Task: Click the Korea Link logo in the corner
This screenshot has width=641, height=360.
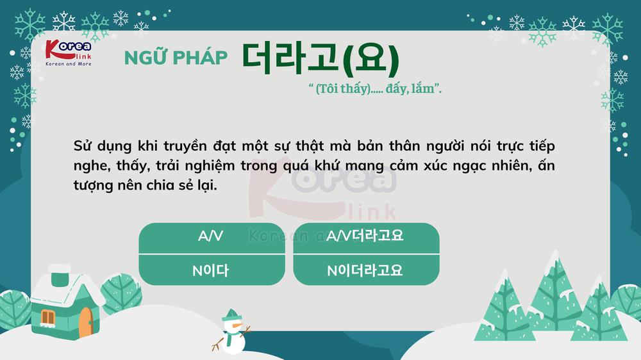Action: (x=69, y=53)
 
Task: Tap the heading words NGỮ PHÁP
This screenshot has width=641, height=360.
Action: (x=176, y=57)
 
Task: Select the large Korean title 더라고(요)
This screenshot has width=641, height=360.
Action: (x=320, y=58)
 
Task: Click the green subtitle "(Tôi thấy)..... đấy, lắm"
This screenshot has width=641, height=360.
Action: (x=375, y=88)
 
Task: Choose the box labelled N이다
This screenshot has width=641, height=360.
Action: (x=212, y=270)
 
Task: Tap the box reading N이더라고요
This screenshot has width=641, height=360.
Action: (x=366, y=270)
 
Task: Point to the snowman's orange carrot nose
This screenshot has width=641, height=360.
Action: (x=238, y=325)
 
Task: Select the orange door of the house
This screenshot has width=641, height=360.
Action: (x=85, y=322)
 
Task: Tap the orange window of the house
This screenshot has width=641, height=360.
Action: (x=48, y=318)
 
